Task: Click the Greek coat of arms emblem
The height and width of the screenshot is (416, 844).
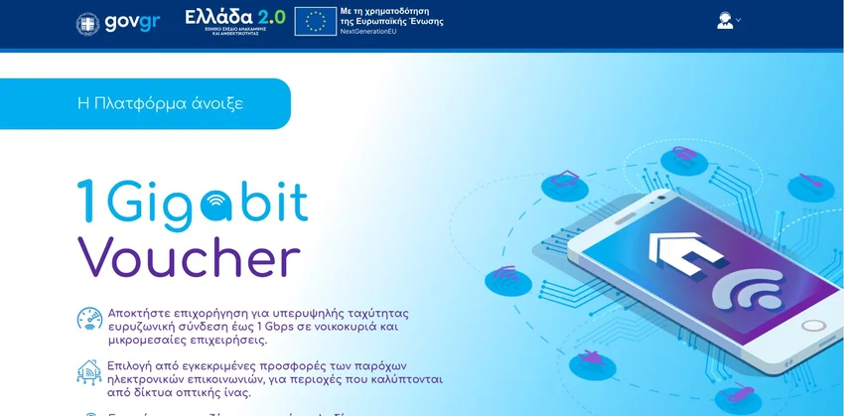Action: (x=88, y=22)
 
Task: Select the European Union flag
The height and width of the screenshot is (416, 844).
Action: (x=315, y=21)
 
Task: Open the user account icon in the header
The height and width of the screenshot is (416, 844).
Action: (x=725, y=21)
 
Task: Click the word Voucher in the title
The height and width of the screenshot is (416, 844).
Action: (x=188, y=257)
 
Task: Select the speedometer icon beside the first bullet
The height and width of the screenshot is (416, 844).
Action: (x=89, y=319)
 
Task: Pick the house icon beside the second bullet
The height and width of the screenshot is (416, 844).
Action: (x=89, y=371)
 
